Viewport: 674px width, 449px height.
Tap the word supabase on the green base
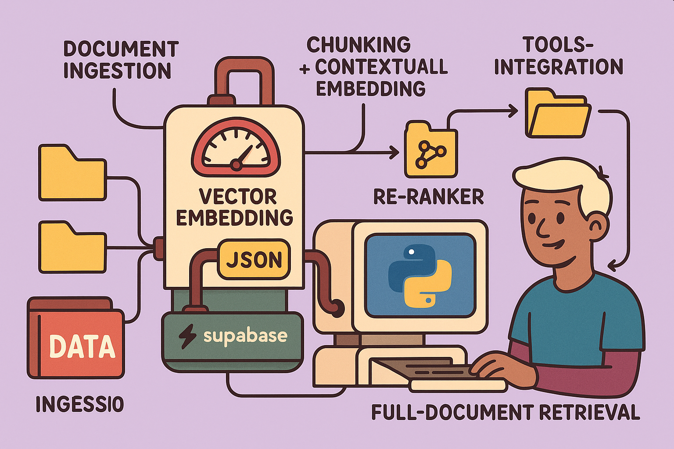(245, 336)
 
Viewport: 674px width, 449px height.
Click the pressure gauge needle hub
(237, 165)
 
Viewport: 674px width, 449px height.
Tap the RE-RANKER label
(428, 197)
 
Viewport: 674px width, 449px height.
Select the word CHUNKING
(359, 45)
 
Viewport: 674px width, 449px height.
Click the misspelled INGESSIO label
(79, 404)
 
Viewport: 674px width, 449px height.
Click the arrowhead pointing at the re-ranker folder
(394, 153)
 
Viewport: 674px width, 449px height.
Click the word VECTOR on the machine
(238, 197)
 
